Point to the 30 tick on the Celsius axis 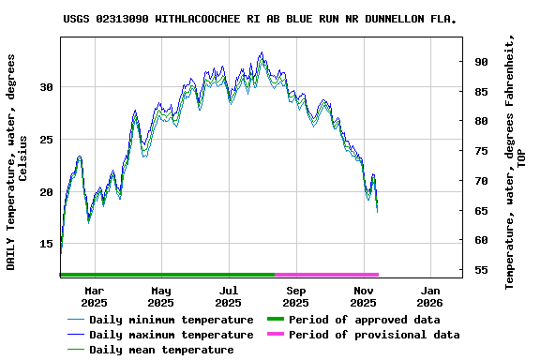click(46, 87)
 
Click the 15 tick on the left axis click(46, 244)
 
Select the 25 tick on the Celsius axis click(46, 140)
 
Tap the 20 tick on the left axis click(46, 192)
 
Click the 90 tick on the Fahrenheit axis click(481, 62)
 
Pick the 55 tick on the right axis click(481, 271)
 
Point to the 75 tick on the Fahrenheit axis click(481, 151)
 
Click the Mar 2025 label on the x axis click(94, 296)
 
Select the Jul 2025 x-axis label click(228, 296)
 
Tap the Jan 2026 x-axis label click(429, 296)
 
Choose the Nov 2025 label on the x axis click(363, 296)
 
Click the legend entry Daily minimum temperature click(171, 320)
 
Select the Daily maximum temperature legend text click(171, 335)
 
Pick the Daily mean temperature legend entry click(161, 350)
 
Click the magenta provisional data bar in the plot click(326, 275)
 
